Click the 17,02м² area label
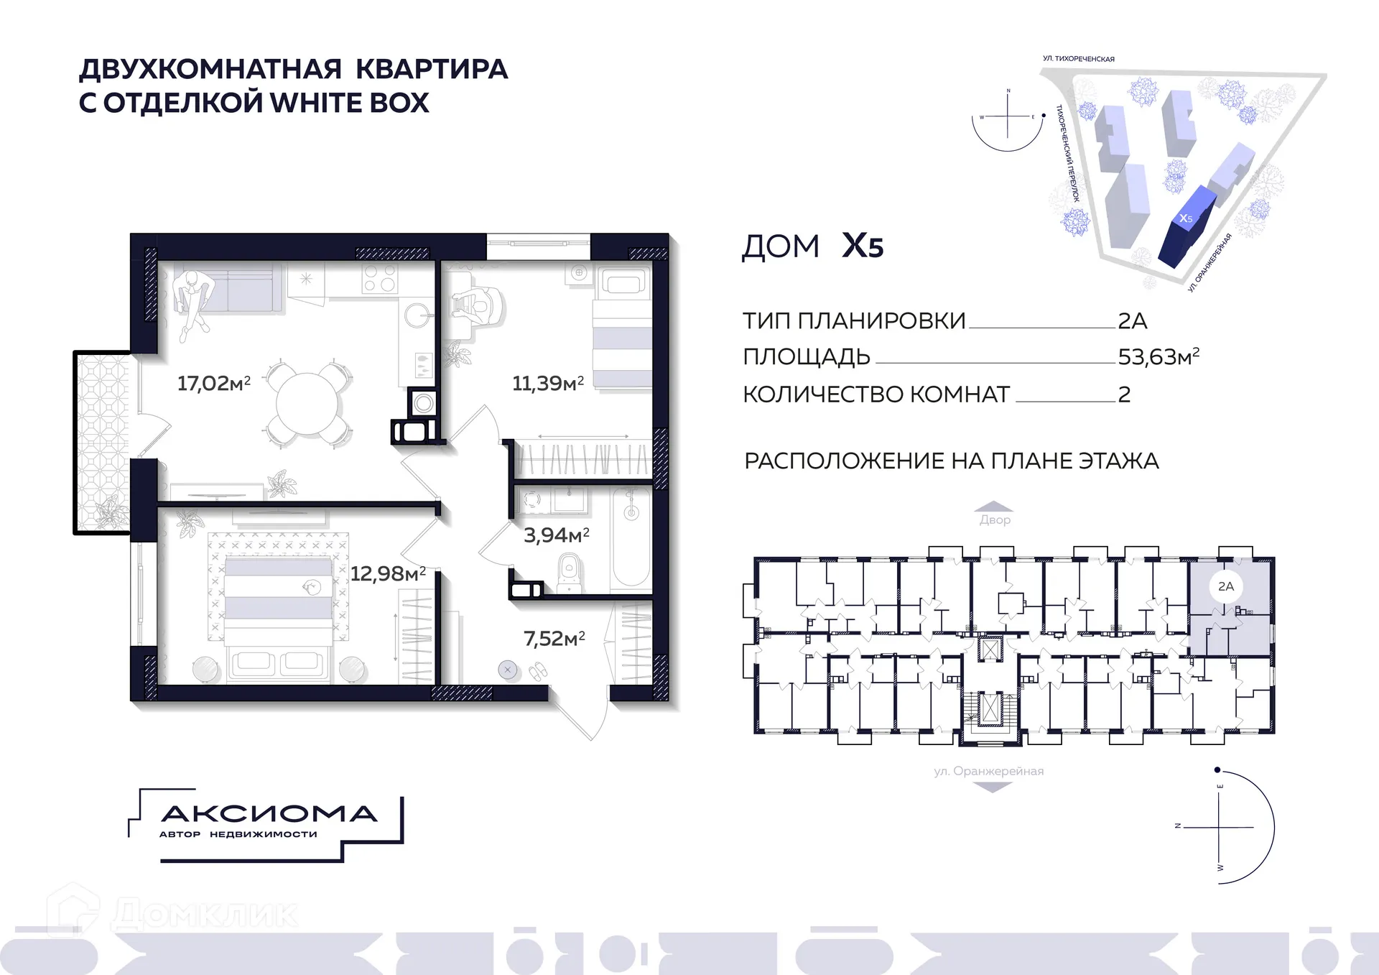(213, 383)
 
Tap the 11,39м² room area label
(547, 383)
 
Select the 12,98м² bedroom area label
(388, 573)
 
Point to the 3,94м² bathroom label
(556, 535)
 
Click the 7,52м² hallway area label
(554, 638)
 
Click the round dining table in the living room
(307, 405)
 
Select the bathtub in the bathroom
(631, 539)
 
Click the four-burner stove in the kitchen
(380, 277)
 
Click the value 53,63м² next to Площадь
(1158, 356)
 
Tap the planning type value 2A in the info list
(1132, 320)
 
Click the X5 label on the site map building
(1186, 218)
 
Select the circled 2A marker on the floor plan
(1226, 586)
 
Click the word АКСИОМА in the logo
(269, 813)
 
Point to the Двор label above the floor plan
(995, 519)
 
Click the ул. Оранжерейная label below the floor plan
(988, 771)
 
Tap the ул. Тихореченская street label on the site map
(1078, 59)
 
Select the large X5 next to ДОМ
(862, 246)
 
